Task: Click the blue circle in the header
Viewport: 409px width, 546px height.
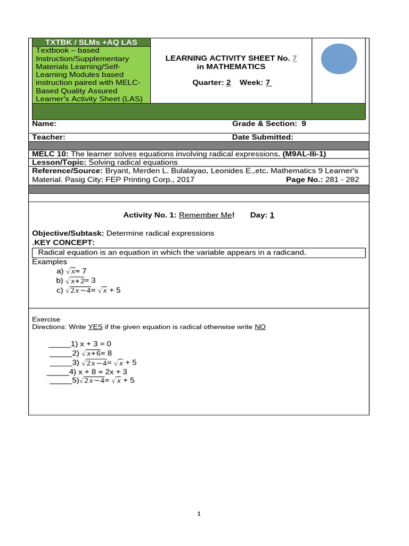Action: pos(339,59)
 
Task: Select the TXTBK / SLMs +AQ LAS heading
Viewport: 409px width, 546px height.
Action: pos(91,42)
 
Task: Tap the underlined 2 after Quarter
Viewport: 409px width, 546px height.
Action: pos(228,82)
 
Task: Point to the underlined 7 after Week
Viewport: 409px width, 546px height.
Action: pos(268,82)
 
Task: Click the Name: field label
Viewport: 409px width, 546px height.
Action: pos(44,123)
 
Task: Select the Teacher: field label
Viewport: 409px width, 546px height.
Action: pos(48,137)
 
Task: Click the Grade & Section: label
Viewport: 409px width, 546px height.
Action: pos(265,123)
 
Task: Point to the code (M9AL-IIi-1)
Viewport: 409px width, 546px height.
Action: pos(304,154)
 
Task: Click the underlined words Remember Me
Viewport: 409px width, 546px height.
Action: pos(206,215)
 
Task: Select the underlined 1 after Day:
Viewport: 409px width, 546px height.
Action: pos(272,215)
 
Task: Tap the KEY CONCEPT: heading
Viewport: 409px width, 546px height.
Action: pos(64,243)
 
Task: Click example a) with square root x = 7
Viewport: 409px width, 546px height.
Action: pos(75,271)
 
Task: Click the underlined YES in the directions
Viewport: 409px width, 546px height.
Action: pos(95,327)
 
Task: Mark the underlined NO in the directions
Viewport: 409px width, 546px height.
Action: pos(260,327)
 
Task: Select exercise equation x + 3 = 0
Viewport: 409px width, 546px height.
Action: pos(95,344)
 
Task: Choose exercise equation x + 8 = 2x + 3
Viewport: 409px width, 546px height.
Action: pos(103,372)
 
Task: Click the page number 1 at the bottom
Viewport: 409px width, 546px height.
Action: pos(199,514)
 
